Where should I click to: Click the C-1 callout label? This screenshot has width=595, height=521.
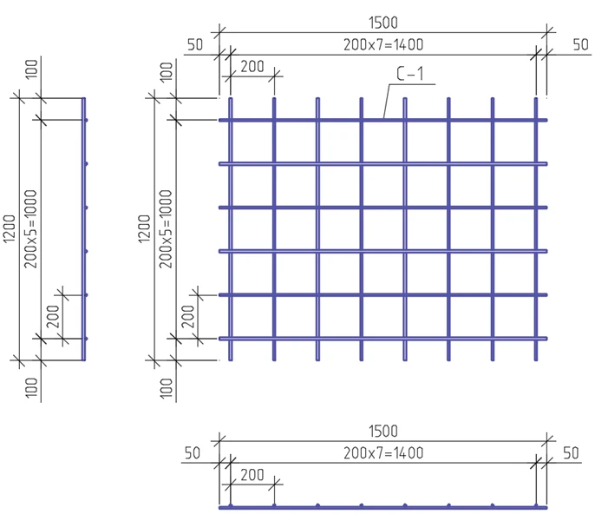point(409,76)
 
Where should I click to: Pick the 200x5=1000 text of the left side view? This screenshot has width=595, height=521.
point(32,228)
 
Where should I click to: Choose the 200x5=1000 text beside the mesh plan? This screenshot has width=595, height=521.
point(166,228)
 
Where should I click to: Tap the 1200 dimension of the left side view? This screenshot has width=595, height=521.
point(10,228)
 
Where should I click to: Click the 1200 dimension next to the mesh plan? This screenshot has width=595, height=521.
point(143,228)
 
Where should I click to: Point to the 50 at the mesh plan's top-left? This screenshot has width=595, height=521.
point(193,44)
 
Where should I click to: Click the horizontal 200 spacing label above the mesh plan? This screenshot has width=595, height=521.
point(252,66)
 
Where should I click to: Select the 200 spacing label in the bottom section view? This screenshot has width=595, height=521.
point(252,474)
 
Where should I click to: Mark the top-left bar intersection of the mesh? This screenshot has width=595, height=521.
point(230,120)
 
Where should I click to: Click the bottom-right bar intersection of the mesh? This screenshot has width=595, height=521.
point(536,338)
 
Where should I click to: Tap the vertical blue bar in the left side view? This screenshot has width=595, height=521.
point(84,228)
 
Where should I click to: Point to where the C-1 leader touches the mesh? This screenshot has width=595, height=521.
point(382,119)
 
